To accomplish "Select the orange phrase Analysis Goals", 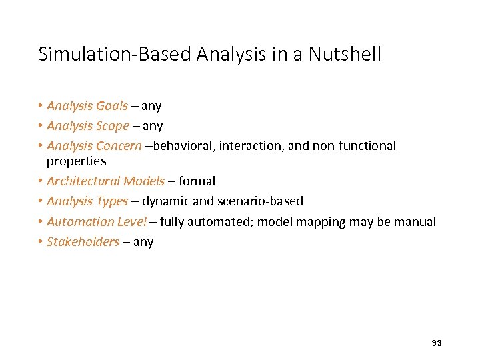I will (87, 106).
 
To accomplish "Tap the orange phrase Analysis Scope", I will (88, 126).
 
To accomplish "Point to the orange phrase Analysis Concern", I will (94, 146).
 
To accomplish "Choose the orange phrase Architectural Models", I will (105, 181).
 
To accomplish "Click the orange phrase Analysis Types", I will (87, 201).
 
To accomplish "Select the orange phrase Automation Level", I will (96, 221).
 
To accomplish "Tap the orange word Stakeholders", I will (83, 241).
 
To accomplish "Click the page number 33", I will (437, 343).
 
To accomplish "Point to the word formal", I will (197, 181).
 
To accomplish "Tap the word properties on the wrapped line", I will (76, 161).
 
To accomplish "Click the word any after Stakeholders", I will (143, 241).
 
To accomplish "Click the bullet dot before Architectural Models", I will (41, 181).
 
